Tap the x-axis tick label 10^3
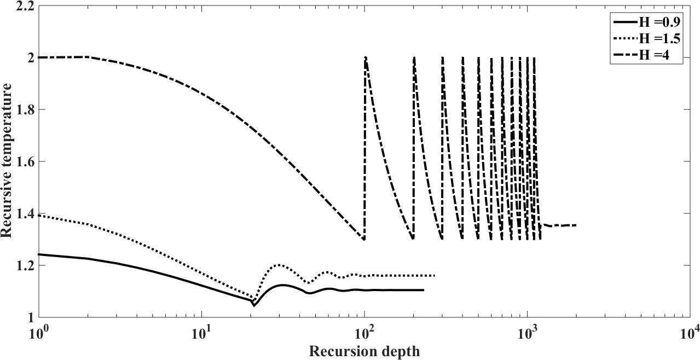pos(527,330)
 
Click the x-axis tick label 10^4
pos(689,330)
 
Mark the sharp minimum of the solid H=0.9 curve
pos(253,305)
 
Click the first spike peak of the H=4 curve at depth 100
pos(365,57)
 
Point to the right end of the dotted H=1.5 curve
pos(435,276)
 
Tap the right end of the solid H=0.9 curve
pos(424,290)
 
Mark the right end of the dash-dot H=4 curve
pos(576,225)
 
